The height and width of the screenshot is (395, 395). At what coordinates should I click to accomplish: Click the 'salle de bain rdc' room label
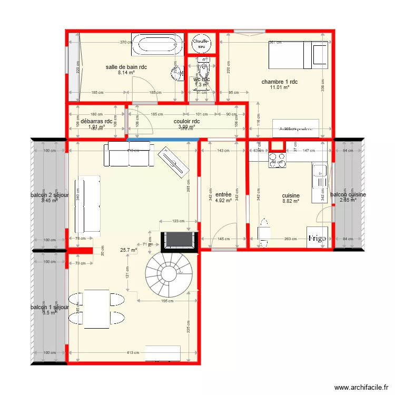pos(126,67)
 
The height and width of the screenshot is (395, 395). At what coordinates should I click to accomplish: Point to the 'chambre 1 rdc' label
pos(280,82)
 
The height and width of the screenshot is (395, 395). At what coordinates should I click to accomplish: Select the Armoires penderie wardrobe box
pos(295,129)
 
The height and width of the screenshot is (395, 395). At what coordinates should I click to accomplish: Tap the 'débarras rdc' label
pos(96,121)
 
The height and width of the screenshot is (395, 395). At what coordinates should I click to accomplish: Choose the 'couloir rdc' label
pos(186,121)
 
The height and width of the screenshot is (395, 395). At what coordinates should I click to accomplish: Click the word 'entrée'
pos(223,194)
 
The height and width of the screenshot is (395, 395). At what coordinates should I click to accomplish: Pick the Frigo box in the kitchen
pos(319,238)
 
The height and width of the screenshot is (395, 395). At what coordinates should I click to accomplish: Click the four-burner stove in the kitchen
pos(278,160)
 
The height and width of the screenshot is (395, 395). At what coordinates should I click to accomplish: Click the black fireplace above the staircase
pos(179,240)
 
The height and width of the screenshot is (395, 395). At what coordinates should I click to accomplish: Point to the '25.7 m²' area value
pos(128,250)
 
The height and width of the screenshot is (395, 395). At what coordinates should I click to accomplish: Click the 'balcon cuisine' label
pos(348,194)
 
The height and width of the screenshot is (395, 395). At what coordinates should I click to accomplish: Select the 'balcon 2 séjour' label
pos(50,195)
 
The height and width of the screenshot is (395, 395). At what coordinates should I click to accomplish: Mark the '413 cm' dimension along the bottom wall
pos(132,353)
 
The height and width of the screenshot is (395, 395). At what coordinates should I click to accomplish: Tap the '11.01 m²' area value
pos(280,88)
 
